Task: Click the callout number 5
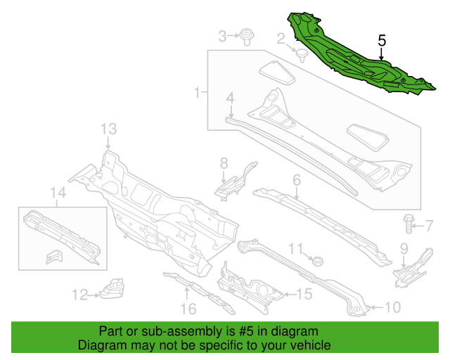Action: [382, 41]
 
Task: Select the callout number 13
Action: [109, 129]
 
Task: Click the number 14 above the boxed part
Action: [58, 193]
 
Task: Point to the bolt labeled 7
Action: [409, 224]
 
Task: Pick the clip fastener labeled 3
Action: [247, 36]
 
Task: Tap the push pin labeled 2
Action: [301, 55]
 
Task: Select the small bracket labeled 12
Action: [112, 288]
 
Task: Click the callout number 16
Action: [188, 309]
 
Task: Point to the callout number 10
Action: [392, 307]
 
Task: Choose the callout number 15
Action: [304, 294]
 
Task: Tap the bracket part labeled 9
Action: [413, 269]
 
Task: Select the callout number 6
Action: [297, 180]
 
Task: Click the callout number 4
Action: [230, 98]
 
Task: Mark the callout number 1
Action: [197, 92]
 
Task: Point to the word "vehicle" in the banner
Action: [312, 345]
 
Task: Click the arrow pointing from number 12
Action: [94, 295]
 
